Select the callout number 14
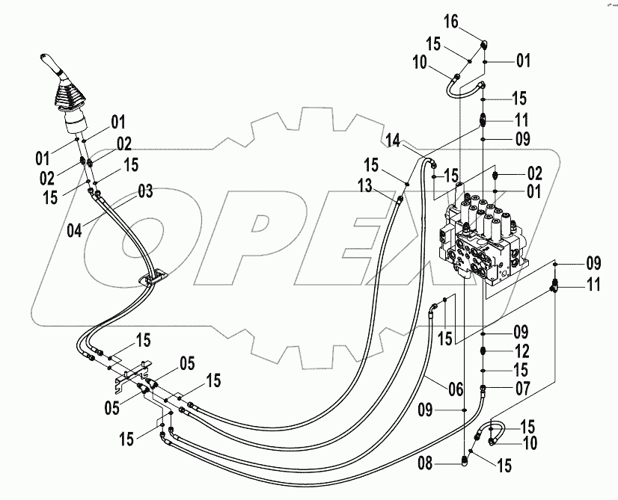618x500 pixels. (393, 139)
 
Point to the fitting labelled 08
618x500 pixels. (465, 463)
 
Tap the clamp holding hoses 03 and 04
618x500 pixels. (153, 280)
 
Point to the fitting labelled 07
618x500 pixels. (483, 387)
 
